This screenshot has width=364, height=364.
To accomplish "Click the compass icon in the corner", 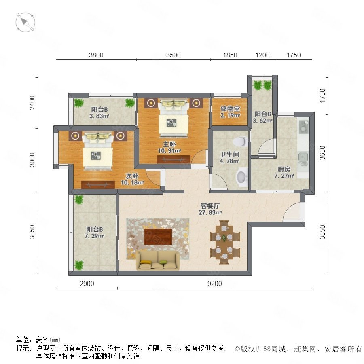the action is click(25, 23).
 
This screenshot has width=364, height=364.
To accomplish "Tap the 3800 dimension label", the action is click(96, 55).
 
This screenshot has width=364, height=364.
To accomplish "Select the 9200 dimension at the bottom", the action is click(214, 284).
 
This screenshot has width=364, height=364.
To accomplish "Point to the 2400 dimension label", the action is click(32, 102).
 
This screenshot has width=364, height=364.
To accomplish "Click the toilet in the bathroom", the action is click(240, 141).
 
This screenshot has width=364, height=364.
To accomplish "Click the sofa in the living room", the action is click(158, 260).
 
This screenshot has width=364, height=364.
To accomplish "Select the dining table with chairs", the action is click(224, 242).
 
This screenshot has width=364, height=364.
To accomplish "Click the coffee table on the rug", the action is click(158, 237).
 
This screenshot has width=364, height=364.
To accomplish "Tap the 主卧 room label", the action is click(169, 144).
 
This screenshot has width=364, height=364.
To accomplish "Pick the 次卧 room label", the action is click(132, 176).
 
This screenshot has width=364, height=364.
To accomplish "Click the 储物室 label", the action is click(230, 108).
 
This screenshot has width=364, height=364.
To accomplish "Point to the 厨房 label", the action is click(284, 169).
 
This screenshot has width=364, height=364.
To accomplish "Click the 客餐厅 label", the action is click(210, 206).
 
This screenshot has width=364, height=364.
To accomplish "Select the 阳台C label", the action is click(262, 114).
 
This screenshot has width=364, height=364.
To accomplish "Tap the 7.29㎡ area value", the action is click(94, 236).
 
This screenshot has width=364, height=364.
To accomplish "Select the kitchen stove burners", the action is click(303, 127).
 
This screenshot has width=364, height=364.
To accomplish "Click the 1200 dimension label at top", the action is click(262, 55).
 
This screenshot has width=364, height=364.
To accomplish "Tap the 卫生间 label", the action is click(230, 154).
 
